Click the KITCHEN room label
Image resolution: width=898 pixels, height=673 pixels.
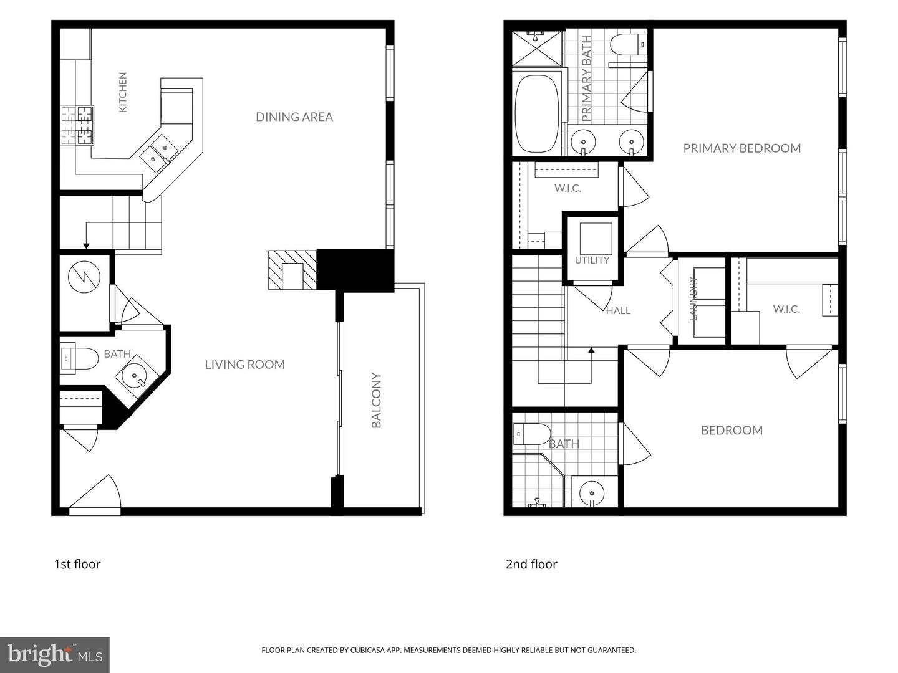pyautogui.click(x=123, y=92)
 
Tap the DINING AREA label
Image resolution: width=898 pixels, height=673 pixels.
pyautogui.click(x=294, y=117)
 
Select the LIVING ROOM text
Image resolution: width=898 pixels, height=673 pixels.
pyautogui.click(x=244, y=364)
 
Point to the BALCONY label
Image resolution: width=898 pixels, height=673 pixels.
pyautogui.click(x=376, y=400)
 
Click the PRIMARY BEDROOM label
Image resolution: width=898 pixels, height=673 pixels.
pyautogui.click(x=741, y=148)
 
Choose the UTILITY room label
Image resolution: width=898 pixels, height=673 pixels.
pyautogui.click(x=592, y=260)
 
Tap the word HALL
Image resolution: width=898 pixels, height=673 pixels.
pyautogui.click(x=618, y=311)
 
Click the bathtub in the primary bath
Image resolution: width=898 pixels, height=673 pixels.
pyautogui.click(x=536, y=113)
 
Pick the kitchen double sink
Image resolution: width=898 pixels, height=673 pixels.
pyautogui.click(x=159, y=153)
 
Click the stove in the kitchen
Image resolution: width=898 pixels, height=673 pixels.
pyautogui.click(x=77, y=125)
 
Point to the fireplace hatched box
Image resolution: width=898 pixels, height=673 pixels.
pyautogui.click(x=292, y=270)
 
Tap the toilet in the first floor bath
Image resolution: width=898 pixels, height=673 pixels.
pyautogui.click(x=79, y=359)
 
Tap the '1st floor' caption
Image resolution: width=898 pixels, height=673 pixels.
pyautogui.click(x=77, y=565)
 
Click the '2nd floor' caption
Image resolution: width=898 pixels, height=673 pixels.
pyautogui.click(x=531, y=565)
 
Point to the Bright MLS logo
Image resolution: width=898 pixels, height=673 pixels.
pyautogui.click(x=55, y=654)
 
